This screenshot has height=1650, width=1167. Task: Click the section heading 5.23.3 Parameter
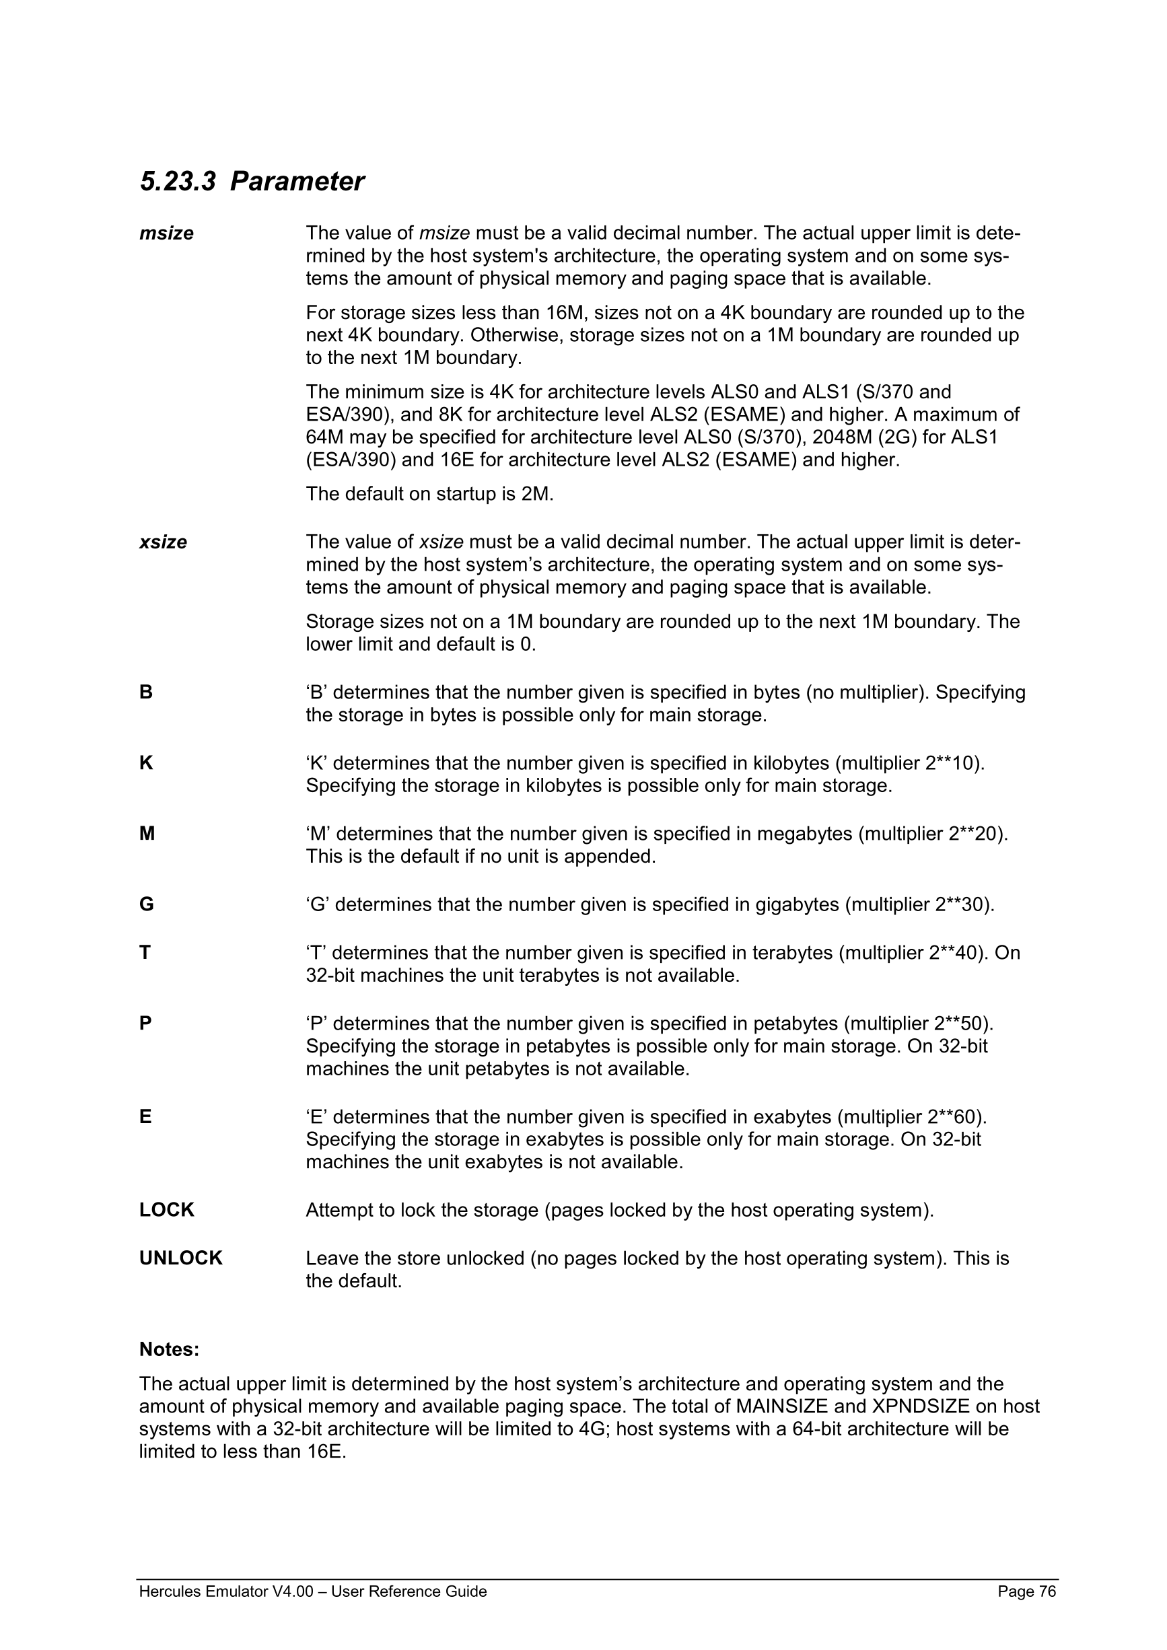pos(252,181)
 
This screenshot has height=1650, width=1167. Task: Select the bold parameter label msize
pos(166,234)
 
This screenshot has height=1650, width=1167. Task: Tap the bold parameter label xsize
pos(163,542)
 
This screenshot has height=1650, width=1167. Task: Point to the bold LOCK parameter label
pos(167,1210)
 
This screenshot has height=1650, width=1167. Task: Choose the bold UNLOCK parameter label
pos(181,1258)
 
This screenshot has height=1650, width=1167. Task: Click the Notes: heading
pos(169,1350)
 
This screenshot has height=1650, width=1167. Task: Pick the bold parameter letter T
pos(145,953)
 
